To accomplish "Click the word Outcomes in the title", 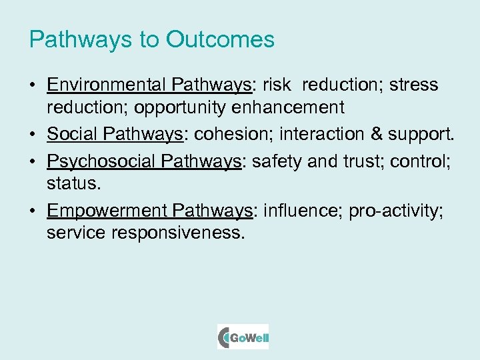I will coord(220,39).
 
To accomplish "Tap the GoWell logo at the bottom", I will coord(243,337).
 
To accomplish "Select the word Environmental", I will coord(107,85).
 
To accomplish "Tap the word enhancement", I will coord(291,107).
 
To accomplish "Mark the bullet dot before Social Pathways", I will coord(33,135).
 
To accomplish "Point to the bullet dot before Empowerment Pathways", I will coord(33,211).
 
